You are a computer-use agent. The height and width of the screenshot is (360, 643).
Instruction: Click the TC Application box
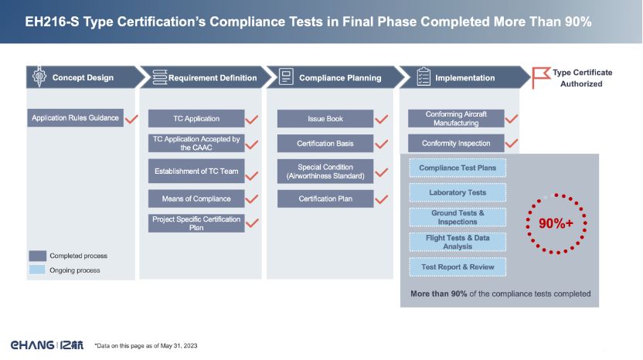pyautogui.click(x=196, y=118)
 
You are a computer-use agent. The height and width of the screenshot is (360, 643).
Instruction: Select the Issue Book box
pyautogui.click(x=325, y=118)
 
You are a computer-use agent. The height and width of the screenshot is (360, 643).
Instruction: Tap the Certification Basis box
pyautogui.click(x=325, y=144)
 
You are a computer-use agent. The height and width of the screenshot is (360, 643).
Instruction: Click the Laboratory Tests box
pyautogui.click(x=458, y=192)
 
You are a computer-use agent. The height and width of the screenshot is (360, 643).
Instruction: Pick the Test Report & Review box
pyautogui.click(x=458, y=267)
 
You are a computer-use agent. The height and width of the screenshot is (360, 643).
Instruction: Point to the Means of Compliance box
pyautogui.click(x=196, y=199)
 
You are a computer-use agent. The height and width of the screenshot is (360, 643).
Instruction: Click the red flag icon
pyautogui.click(x=541, y=77)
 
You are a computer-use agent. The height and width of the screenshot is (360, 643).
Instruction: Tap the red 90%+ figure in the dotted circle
pyautogui.click(x=556, y=223)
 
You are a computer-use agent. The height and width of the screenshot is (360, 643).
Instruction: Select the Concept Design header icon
pyautogui.click(x=39, y=76)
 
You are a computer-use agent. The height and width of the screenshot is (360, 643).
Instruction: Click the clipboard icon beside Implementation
pyautogui.click(x=424, y=76)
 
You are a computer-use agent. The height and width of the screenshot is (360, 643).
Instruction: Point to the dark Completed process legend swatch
pyautogui.click(x=37, y=256)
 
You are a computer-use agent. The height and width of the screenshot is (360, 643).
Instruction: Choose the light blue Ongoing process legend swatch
pyautogui.click(x=37, y=270)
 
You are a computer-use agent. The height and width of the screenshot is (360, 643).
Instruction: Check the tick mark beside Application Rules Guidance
pyautogui.click(x=131, y=119)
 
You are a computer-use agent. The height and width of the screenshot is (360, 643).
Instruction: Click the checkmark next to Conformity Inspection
pyautogui.click(x=512, y=144)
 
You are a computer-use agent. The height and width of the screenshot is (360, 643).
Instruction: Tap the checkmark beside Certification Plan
pyautogui.click(x=381, y=199)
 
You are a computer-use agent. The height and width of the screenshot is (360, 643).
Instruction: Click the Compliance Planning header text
pyautogui.click(x=340, y=78)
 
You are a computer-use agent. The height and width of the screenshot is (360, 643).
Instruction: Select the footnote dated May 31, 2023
pyautogui.click(x=146, y=345)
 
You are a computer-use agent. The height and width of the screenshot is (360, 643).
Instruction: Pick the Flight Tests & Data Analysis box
pyautogui.click(x=458, y=242)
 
